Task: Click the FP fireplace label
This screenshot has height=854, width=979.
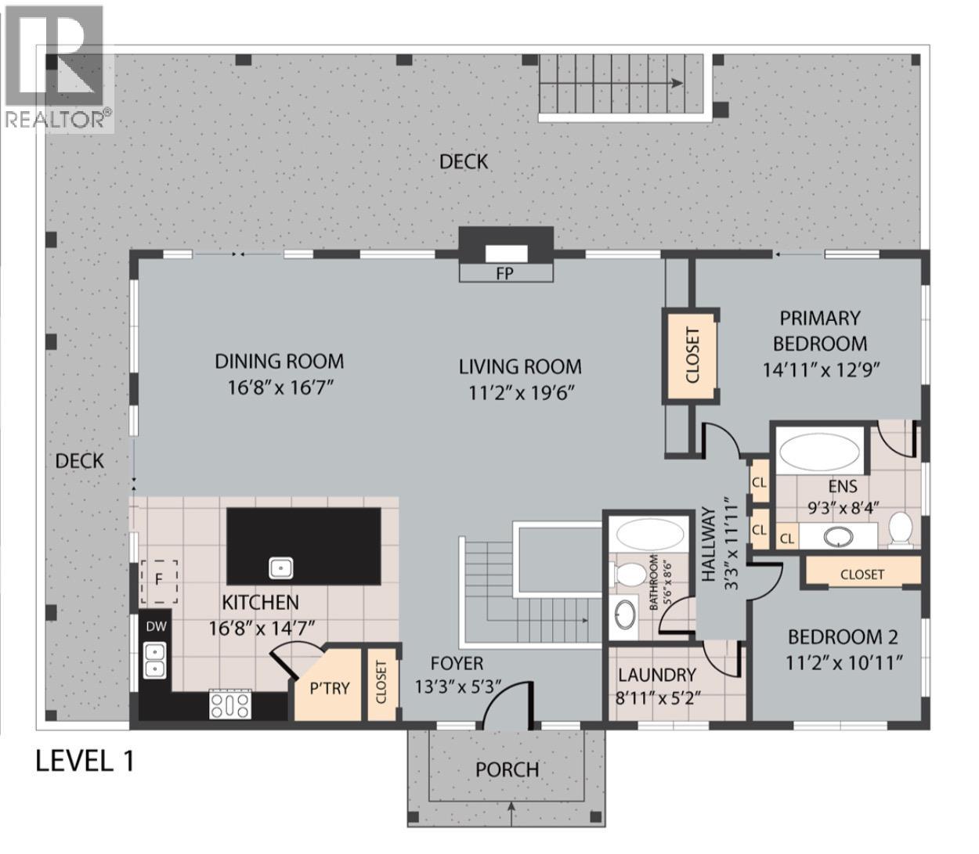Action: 505,273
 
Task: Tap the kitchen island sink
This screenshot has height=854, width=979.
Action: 281,568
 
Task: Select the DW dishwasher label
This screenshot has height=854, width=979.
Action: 156,626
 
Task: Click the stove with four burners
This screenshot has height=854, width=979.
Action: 230,704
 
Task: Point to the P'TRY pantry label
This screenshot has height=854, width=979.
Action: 330,688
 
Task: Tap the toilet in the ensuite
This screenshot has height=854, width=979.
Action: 901,530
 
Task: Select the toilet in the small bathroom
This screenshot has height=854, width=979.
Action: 627,574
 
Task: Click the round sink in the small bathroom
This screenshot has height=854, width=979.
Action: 624,614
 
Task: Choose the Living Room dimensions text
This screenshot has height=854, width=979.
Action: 520,393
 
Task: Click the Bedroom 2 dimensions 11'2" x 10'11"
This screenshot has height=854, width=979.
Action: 844,663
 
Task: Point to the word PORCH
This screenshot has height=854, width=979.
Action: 508,769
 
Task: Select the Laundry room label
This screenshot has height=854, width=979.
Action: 657,675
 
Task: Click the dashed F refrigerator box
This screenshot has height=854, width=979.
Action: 159,582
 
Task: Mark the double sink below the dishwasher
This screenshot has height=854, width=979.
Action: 155,661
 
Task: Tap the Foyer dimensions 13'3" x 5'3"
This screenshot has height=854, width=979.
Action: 457,686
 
